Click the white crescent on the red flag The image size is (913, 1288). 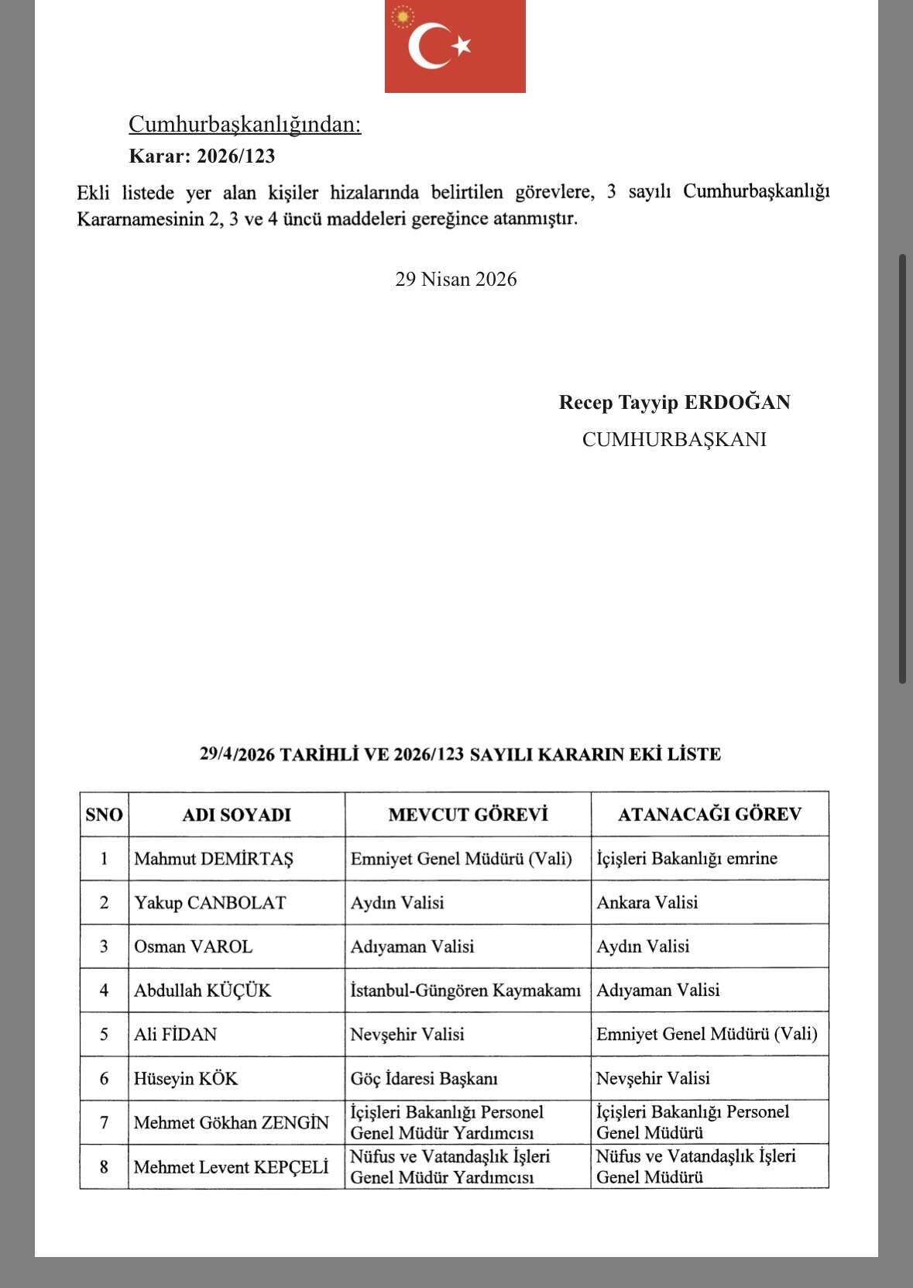click(x=424, y=46)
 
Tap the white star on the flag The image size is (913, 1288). click(x=462, y=46)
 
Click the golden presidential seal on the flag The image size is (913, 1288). click(x=402, y=16)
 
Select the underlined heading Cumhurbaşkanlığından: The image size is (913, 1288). click(x=245, y=124)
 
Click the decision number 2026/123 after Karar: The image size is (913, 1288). click(x=235, y=156)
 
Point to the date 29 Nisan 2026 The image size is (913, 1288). click(x=455, y=279)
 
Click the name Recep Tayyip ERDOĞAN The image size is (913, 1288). click(x=674, y=402)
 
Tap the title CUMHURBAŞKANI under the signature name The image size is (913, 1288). click(x=674, y=439)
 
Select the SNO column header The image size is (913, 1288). click(x=104, y=814)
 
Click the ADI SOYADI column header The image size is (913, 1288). click(x=236, y=814)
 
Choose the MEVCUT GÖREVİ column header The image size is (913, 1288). click(x=468, y=814)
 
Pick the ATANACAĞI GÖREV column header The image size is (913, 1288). click(x=709, y=814)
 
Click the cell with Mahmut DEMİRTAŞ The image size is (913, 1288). click(x=214, y=858)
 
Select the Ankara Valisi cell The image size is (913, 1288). click(x=647, y=902)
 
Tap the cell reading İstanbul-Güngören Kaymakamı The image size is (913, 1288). click(x=465, y=990)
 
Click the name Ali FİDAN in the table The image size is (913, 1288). click(x=176, y=1034)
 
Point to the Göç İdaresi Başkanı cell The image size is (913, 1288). click(x=424, y=1078)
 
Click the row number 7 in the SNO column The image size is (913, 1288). click(x=104, y=1122)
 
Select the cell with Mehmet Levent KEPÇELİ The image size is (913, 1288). click(x=231, y=1166)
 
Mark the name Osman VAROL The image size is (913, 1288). click(x=193, y=946)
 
